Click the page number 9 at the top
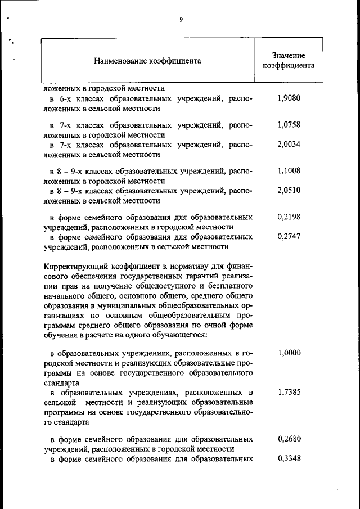(181, 20)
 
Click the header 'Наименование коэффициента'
(147, 60)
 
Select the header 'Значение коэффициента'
(289, 60)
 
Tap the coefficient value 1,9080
(289, 98)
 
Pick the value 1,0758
(289, 125)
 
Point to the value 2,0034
(289, 144)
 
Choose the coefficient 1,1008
(289, 171)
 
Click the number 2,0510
(289, 190)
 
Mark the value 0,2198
(289, 217)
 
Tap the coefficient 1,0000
(289, 353)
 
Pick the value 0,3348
(289, 458)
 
